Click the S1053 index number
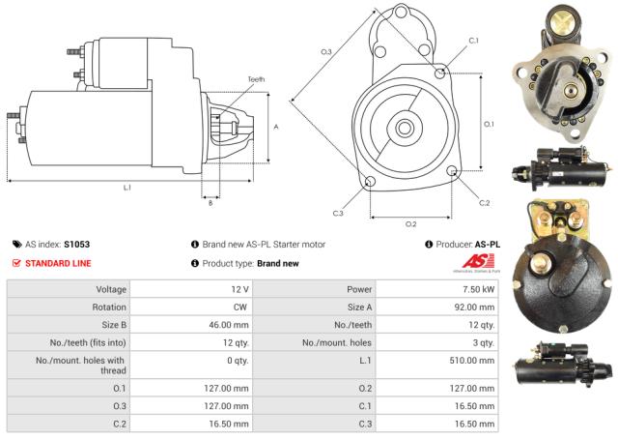(x=77, y=245)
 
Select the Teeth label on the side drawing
(x=255, y=79)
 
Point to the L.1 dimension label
(x=126, y=188)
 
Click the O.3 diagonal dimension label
(x=326, y=51)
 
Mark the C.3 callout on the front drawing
(x=338, y=213)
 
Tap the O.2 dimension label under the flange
(x=410, y=223)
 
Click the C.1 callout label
(x=473, y=41)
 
